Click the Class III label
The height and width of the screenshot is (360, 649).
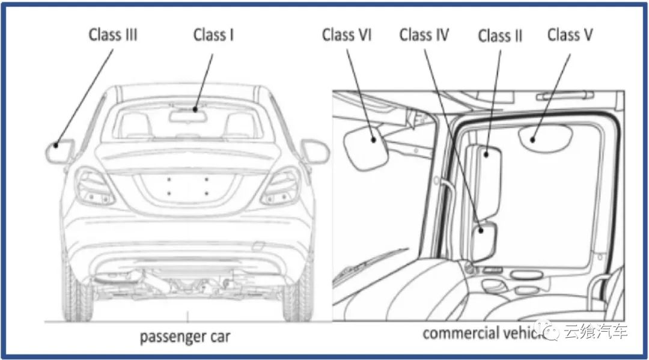pos(113,35)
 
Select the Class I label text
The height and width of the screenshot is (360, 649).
pos(213,35)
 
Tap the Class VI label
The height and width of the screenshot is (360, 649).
pos(347,35)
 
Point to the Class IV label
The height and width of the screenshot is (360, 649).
pos(424,35)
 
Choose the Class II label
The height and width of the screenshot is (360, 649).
pos(500,36)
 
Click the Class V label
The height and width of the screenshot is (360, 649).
pos(570,35)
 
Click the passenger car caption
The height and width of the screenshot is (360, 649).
pos(184,336)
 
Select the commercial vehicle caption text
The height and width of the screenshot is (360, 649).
pos(481,332)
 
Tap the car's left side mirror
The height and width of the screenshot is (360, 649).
pos(59,151)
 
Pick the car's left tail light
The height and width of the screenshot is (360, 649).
pos(95,186)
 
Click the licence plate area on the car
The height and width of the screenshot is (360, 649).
pos(187,186)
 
